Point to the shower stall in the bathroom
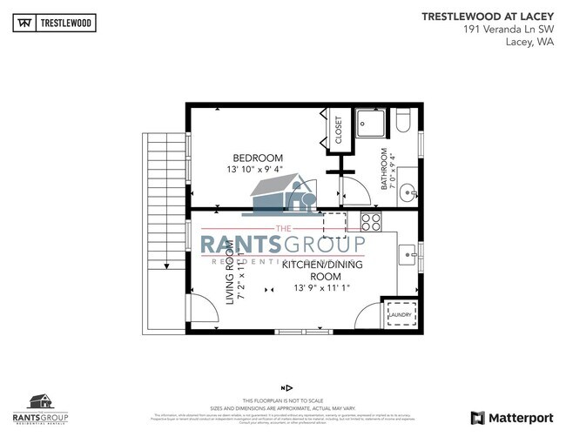point(371,124)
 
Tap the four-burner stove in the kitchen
point(370,221)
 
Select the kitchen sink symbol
point(408,255)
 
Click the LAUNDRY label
point(400,315)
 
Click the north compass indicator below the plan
point(284,387)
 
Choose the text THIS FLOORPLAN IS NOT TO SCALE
point(283,399)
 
